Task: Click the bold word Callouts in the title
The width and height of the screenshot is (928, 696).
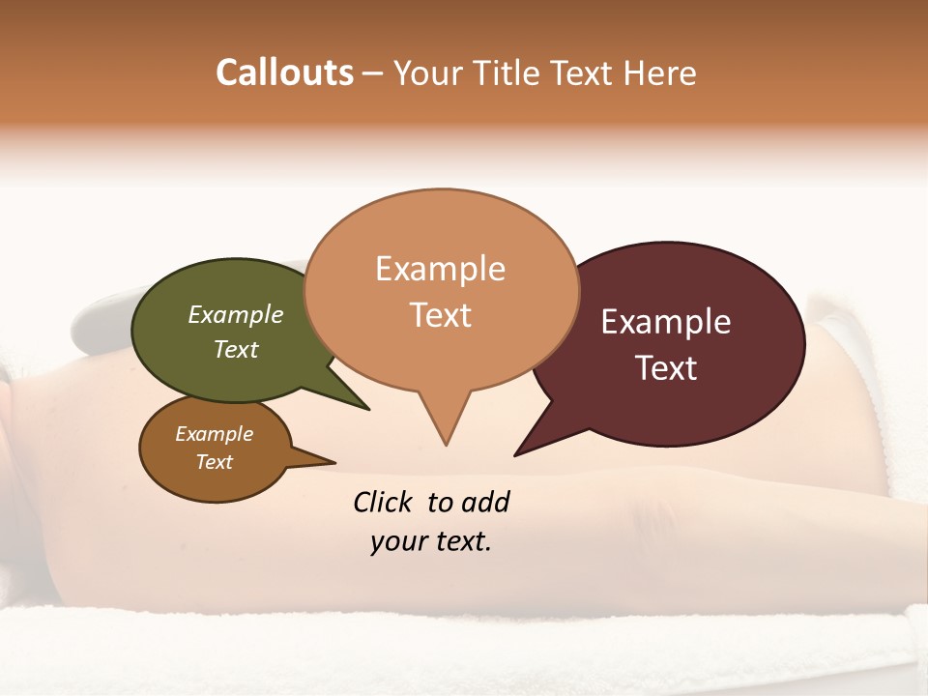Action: [x=284, y=73]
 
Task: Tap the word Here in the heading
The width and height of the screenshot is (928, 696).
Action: [x=660, y=73]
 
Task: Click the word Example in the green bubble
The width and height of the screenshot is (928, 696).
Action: [x=235, y=315]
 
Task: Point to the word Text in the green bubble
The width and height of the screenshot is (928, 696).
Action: [x=235, y=350]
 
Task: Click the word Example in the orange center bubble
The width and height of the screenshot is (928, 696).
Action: [x=440, y=269]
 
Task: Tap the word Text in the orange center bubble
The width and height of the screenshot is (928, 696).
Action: [x=440, y=315]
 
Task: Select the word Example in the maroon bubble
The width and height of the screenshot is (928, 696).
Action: [x=666, y=322]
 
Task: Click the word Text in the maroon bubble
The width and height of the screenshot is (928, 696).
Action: [x=666, y=368]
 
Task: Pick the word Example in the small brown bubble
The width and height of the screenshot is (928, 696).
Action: [x=214, y=434]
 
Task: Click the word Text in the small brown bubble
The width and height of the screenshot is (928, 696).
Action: [x=214, y=462]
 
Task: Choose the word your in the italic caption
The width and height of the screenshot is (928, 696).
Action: [x=397, y=541]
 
